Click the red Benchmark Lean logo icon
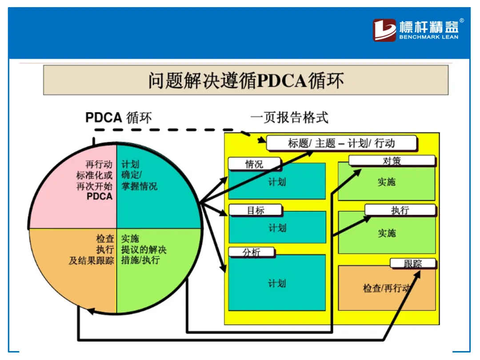[384, 30]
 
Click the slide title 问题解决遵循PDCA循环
[246, 81]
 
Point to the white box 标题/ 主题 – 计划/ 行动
[341, 143]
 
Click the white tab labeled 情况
[254, 164]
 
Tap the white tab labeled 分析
[251, 252]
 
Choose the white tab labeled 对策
[392, 161]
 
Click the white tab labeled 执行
[400, 210]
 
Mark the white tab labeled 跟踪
[413, 264]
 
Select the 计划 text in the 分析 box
[277, 284]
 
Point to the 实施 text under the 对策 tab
[386, 182]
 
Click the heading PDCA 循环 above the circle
[119, 118]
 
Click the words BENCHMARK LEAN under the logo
[428, 37]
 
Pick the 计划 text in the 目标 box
[277, 228]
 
